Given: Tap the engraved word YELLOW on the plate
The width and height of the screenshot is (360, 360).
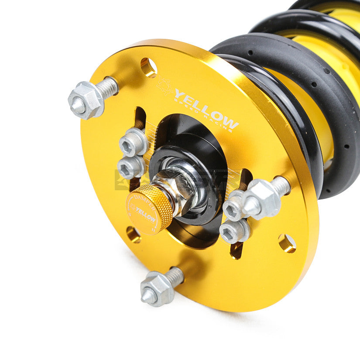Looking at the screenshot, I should (x=207, y=110).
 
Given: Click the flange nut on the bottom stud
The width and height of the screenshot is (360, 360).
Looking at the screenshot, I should (x=156, y=288).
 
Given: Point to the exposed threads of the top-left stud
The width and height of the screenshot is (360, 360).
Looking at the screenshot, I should (x=107, y=88).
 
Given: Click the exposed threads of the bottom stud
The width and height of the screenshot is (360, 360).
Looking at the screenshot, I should (x=174, y=276).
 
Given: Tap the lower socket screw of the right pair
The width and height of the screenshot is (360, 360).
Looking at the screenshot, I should (x=233, y=231).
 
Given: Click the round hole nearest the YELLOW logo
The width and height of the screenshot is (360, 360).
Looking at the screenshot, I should (x=148, y=67).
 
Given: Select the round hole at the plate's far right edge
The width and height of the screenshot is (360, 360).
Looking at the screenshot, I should (x=287, y=243).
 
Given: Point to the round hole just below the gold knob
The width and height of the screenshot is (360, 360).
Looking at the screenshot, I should (x=134, y=234).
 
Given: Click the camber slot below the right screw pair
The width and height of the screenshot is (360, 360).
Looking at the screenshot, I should (x=237, y=250).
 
